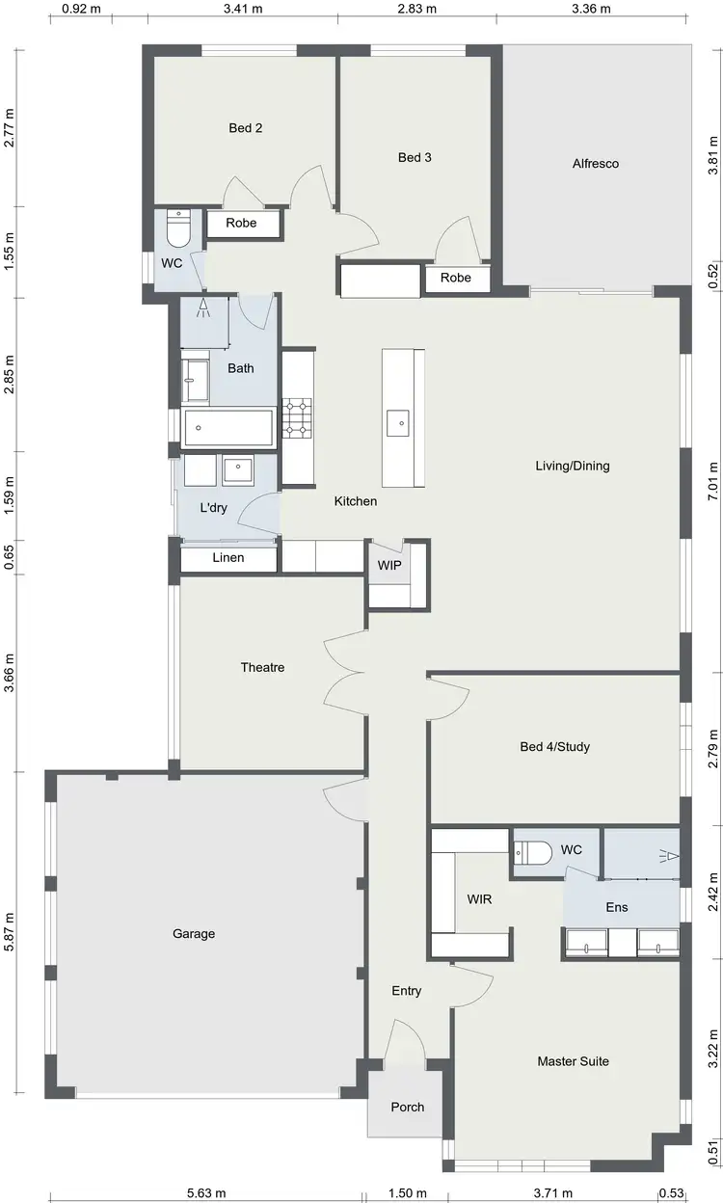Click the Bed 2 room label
[246, 128]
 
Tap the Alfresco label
[595, 164]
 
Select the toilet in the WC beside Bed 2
[179, 229]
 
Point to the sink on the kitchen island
[397, 422]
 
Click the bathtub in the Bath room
[228, 427]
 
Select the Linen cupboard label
[228, 558]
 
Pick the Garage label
[194, 934]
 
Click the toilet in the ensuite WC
[531, 852]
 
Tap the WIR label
[479, 898]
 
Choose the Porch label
[407, 1107]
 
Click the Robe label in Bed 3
[456, 279]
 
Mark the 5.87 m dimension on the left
[10, 932]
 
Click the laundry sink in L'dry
[238, 470]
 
